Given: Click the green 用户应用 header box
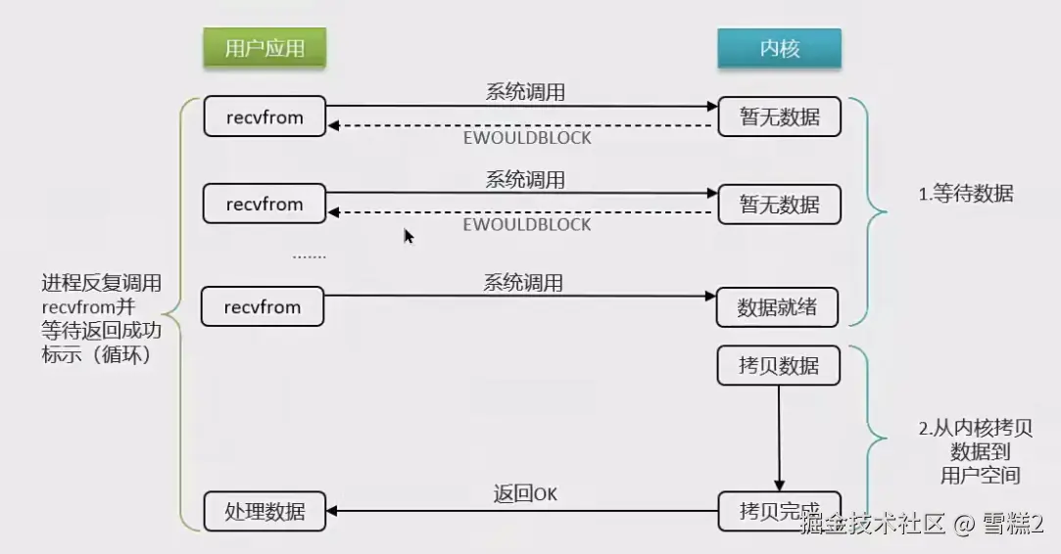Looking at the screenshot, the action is (265, 48).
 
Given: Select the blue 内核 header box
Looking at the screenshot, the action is (780, 48).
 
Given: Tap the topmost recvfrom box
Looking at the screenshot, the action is (265, 116).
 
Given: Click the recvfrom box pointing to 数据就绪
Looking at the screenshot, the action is (263, 306).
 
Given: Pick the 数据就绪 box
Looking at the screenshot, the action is (777, 307).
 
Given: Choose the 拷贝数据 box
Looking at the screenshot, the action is (779, 365).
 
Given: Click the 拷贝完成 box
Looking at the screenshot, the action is (780, 511).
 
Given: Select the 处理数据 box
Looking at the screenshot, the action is (265, 511).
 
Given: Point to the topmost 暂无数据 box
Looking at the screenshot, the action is (780, 116).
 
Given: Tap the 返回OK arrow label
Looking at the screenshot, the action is (525, 493).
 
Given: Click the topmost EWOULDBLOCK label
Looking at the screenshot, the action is (527, 138).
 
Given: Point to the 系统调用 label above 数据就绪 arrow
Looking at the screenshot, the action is (523, 282).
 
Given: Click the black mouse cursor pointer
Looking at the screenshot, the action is (409, 236).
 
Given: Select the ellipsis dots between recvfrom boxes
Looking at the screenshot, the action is (310, 257).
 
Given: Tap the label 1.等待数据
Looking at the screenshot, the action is (966, 194).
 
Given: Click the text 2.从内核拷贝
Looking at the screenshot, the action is (975, 428).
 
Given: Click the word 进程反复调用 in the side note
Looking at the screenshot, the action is (102, 283).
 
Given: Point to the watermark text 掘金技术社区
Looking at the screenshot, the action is (872, 524).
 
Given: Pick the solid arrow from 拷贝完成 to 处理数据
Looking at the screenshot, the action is (522, 511).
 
